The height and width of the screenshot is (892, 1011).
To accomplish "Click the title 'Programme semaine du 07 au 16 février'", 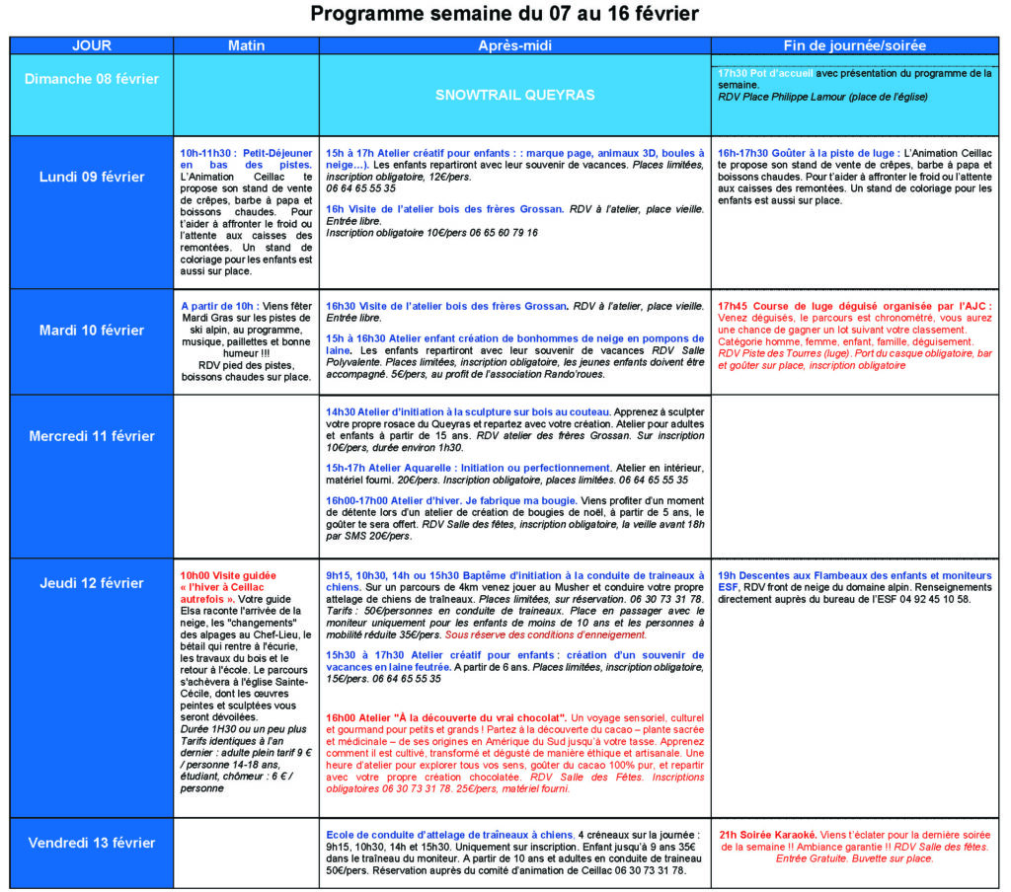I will click(505, 15).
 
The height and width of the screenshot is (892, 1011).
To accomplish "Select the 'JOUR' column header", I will click(91, 45).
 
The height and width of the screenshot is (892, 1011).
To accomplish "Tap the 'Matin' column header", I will click(246, 45).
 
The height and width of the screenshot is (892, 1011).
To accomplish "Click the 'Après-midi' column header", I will click(514, 45).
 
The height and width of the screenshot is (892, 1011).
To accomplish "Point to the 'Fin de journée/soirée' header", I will click(856, 45).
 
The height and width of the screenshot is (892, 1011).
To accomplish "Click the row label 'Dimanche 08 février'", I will click(91, 79).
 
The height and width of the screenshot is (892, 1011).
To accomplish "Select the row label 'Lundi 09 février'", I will click(91, 178).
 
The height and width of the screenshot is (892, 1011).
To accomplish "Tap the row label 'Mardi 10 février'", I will click(91, 331).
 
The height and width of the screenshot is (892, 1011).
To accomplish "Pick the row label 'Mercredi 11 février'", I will click(91, 435).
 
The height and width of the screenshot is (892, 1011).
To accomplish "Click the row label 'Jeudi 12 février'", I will click(91, 583).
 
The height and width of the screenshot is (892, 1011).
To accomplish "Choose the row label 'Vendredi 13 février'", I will click(91, 843).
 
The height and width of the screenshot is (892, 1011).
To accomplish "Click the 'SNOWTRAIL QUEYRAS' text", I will click(514, 95).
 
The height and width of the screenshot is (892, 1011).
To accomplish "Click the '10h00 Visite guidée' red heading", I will click(228, 575).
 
